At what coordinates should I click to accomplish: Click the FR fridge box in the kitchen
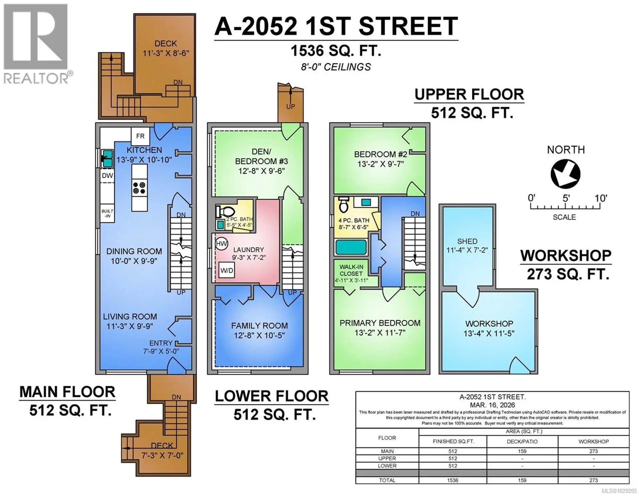click(x=140, y=136)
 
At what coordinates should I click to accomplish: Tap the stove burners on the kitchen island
click(x=139, y=187)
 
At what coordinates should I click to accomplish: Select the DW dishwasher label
click(x=107, y=175)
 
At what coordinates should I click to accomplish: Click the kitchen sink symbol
click(x=107, y=158)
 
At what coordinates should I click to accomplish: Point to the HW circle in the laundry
click(x=221, y=243)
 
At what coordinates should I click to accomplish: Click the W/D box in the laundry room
click(x=227, y=270)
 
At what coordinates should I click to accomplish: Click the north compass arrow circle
click(x=565, y=174)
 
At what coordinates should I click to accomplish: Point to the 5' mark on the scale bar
click(x=566, y=198)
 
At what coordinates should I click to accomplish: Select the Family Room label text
click(x=259, y=326)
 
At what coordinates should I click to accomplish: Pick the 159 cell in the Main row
click(x=522, y=451)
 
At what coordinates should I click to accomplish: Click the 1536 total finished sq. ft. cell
click(x=452, y=480)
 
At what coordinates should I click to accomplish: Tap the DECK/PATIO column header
click(x=522, y=441)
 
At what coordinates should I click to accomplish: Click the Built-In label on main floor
click(x=107, y=213)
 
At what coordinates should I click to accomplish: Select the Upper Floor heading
click(x=469, y=95)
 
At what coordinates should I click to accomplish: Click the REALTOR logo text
click(x=36, y=79)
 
